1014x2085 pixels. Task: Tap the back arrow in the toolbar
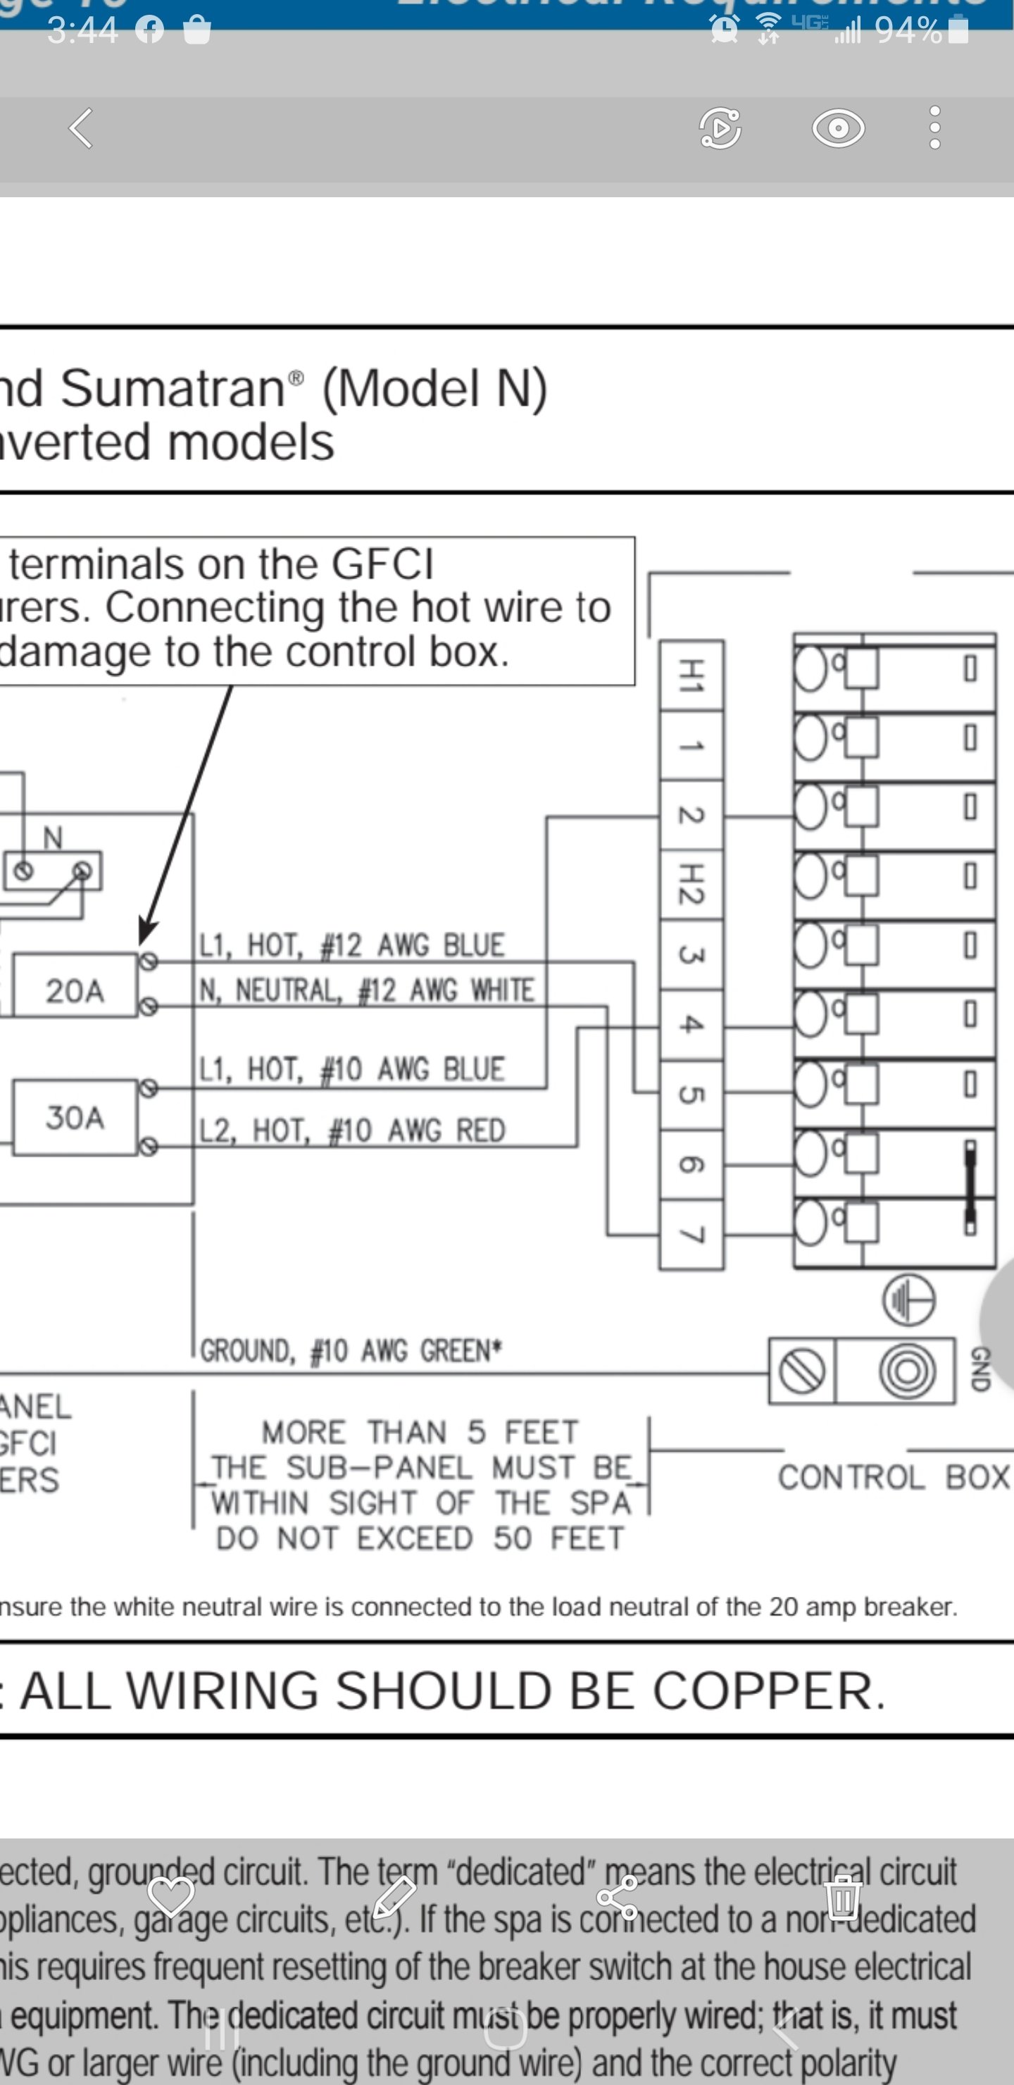(x=82, y=128)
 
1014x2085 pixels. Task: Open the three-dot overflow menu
(x=934, y=128)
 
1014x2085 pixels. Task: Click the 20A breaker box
(x=75, y=990)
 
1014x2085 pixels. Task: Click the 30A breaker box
(x=75, y=1117)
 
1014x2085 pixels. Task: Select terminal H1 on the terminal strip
(x=690, y=675)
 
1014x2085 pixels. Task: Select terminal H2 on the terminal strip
(x=690, y=883)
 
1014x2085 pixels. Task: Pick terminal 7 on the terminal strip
(x=690, y=1234)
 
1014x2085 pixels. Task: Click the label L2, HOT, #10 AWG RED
(x=352, y=1130)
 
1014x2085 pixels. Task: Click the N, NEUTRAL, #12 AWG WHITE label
(x=367, y=990)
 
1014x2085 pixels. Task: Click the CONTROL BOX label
(x=894, y=1477)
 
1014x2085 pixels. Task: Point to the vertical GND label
(x=979, y=1369)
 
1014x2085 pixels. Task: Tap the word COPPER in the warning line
(x=769, y=1691)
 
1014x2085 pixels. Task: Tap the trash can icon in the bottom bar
(x=842, y=1896)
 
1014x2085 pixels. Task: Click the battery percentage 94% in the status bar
(x=908, y=31)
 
